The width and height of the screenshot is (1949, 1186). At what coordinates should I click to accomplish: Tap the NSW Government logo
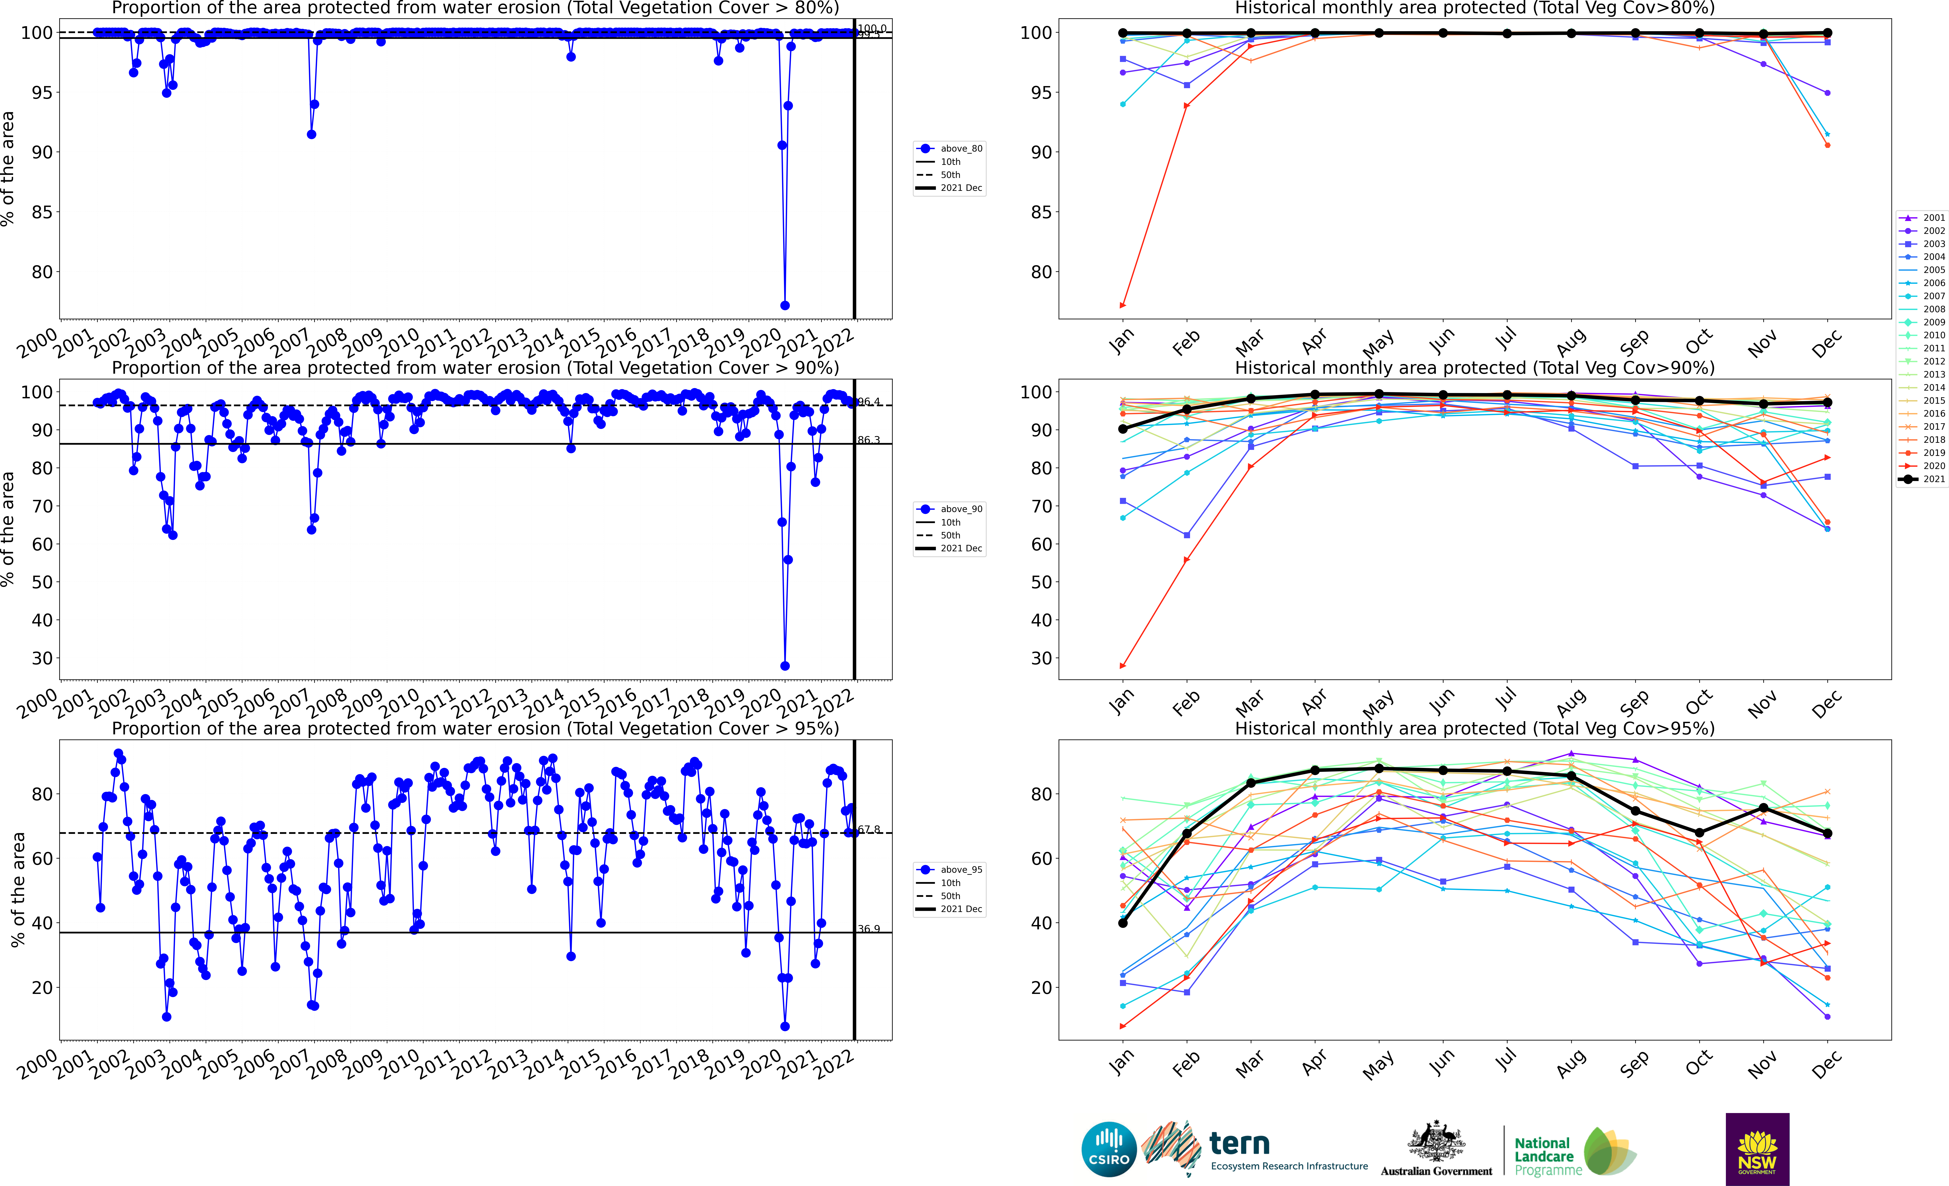tap(1757, 1149)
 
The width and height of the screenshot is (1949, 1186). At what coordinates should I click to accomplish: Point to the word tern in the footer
tap(1239, 1143)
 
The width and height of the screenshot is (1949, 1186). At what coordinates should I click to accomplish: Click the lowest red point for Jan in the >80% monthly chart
tap(1122, 305)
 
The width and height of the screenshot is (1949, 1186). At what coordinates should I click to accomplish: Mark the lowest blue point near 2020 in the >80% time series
tap(785, 305)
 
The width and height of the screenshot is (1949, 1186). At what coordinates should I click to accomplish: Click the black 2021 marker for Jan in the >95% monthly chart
tap(1122, 923)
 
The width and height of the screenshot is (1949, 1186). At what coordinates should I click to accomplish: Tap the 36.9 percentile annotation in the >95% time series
tap(869, 929)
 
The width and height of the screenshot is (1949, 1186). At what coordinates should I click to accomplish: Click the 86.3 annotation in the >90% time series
tap(869, 440)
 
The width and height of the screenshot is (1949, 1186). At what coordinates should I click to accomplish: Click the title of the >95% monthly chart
tap(1474, 728)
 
